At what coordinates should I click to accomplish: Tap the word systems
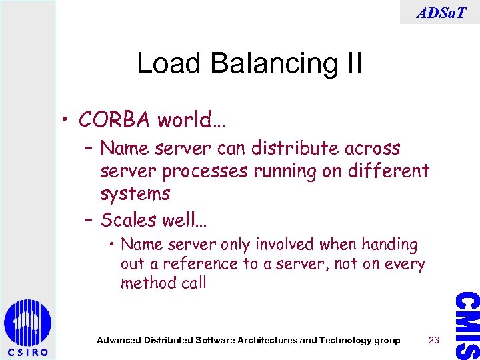pyautogui.click(x=135, y=194)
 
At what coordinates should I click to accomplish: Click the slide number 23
pyautogui.click(x=434, y=340)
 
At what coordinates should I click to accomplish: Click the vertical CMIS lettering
pyautogui.click(x=467, y=325)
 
